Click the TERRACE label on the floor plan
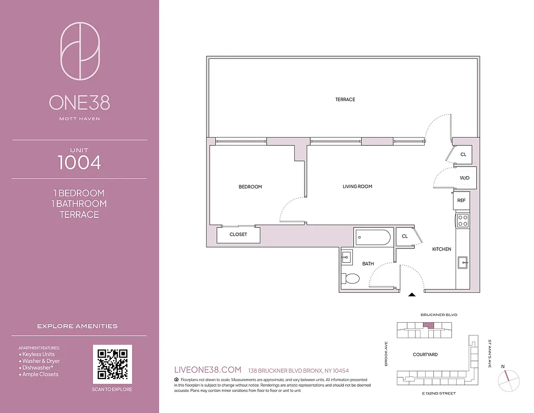pyautogui.click(x=345, y=100)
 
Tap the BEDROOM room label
pyautogui.click(x=250, y=187)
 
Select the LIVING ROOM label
pyautogui.click(x=357, y=187)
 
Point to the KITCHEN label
pyautogui.click(x=442, y=249)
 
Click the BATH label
pyautogui.click(x=368, y=264)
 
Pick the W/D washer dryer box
pyautogui.click(x=464, y=179)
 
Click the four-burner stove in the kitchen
pyautogui.click(x=463, y=220)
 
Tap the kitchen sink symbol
pyautogui.click(x=463, y=262)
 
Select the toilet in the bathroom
pyautogui.click(x=351, y=279)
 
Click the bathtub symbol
pyautogui.click(x=373, y=237)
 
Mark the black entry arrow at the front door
pyautogui.click(x=412, y=295)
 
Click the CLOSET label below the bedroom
pyautogui.click(x=238, y=234)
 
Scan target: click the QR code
pyautogui.click(x=112, y=364)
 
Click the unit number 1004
pyautogui.click(x=79, y=163)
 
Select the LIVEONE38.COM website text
pyautogui.click(x=208, y=370)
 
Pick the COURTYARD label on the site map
pyautogui.click(x=425, y=355)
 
